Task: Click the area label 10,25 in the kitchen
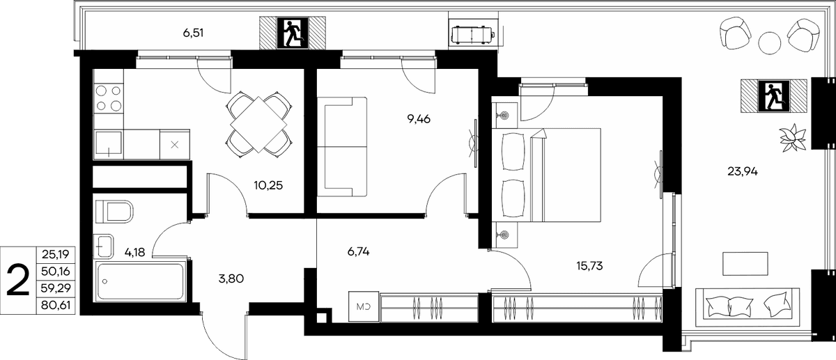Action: coord(268,185)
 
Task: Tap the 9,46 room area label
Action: coord(419,119)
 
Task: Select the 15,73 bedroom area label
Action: coord(589,266)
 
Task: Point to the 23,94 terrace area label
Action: coord(743,171)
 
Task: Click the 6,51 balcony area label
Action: coord(193,33)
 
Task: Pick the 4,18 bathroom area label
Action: coord(134,253)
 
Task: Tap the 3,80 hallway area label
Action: coord(231,279)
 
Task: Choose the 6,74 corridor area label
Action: coord(358,252)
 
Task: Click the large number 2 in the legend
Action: coord(18,280)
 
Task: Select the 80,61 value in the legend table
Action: coord(56,306)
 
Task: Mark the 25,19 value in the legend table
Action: coord(56,254)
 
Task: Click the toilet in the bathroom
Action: coord(114,212)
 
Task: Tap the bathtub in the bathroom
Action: coord(141,281)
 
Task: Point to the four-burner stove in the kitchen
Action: coord(108,98)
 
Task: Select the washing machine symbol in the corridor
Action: coord(364,306)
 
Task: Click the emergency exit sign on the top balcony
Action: coord(293,33)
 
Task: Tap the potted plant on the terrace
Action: coord(793,138)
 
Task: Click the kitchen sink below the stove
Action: coord(109,144)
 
